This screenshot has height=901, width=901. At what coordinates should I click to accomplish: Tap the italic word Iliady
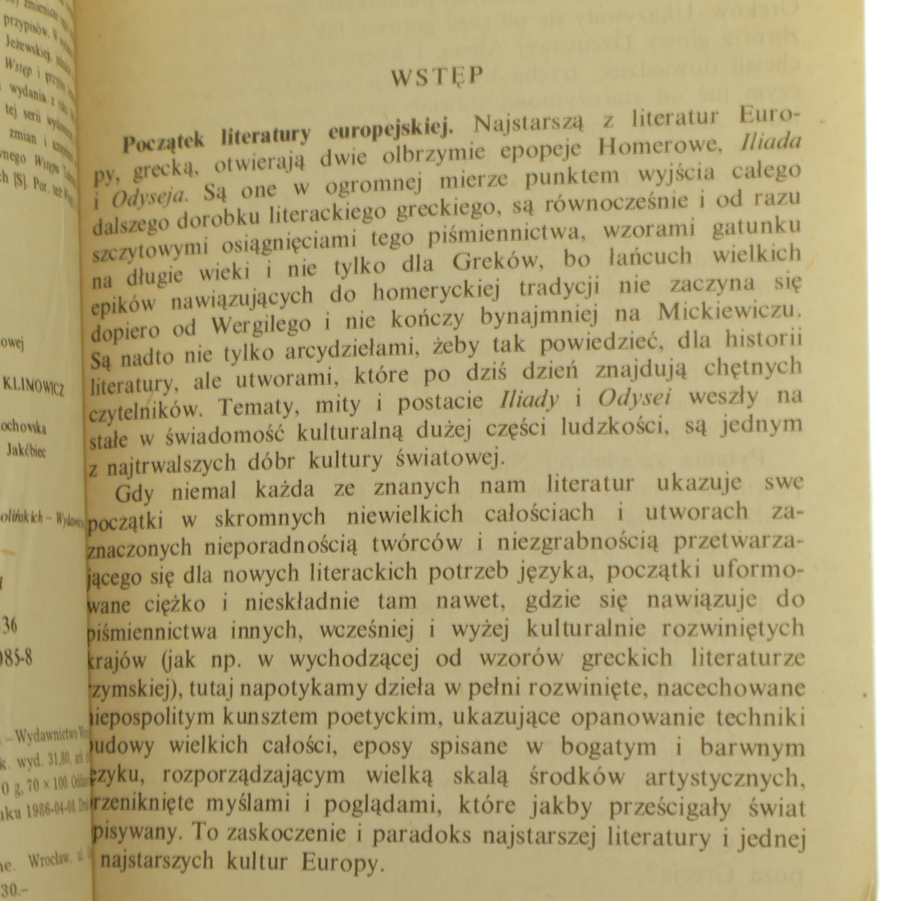click(x=529, y=400)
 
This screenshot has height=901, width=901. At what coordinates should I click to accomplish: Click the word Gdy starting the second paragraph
click(x=134, y=493)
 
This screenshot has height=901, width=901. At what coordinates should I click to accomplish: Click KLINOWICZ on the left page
click(x=34, y=386)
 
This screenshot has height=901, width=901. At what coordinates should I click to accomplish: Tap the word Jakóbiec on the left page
click(x=26, y=450)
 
